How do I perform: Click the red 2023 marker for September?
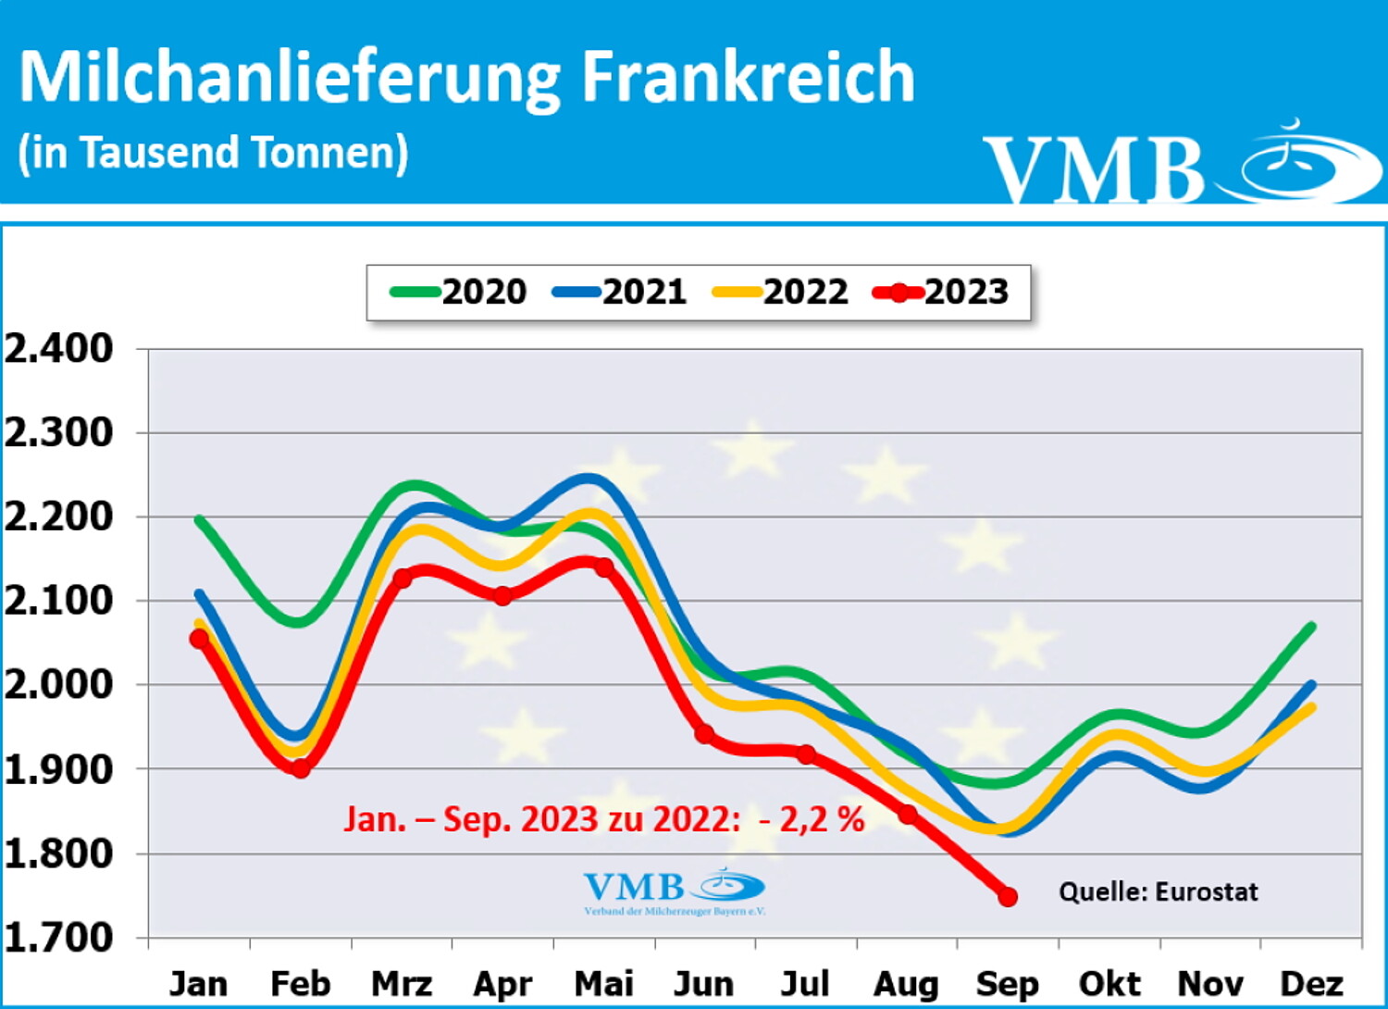click(x=1008, y=896)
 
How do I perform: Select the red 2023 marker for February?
click(x=300, y=767)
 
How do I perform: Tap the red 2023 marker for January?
click(x=199, y=638)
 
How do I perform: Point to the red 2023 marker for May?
click(x=603, y=567)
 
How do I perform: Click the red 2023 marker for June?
click(x=704, y=734)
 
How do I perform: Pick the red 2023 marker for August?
click(x=908, y=814)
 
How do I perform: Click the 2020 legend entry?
click(x=459, y=293)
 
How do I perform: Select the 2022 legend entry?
click(x=780, y=293)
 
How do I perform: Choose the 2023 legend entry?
click(x=941, y=293)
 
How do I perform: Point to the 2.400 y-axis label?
click(x=59, y=350)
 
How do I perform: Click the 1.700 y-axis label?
click(x=59, y=937)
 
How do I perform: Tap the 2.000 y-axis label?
click(x=59, y=685)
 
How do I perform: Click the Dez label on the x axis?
click(x=1311, y=983)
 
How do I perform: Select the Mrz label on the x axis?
click(x=402, y=983)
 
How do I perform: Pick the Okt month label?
click(x=1109, y=983)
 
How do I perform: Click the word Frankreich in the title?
click(x=748, y=78)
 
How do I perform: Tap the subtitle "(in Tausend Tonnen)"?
click(x=213, y=153)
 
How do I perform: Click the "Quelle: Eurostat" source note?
click(x=1159, y=891)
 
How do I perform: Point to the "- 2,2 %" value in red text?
click(x=811, y=819)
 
